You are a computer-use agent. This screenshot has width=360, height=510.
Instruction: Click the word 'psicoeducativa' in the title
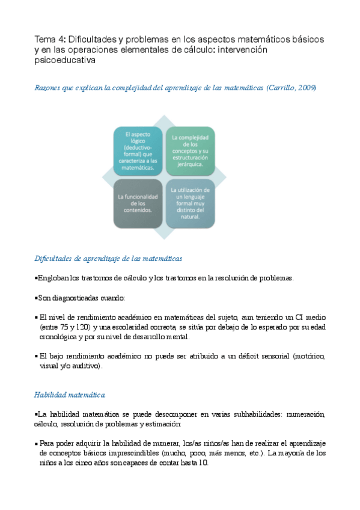[65, 60]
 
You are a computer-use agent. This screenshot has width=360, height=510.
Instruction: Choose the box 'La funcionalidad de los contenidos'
[138, 204]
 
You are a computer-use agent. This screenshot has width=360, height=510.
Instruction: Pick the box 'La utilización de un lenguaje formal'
[190, 203]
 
